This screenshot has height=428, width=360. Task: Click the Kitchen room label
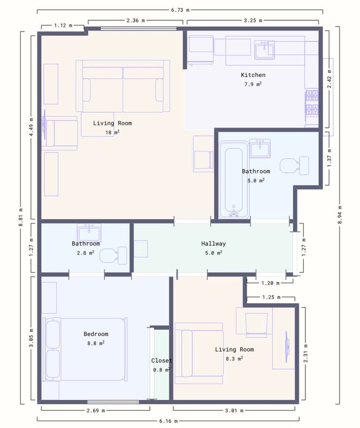(x=253, y=75)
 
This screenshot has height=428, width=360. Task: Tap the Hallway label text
(x=213, y=243)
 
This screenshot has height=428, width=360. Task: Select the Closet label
(x=162, y=361)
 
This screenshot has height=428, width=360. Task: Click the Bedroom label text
(x=96, y=334)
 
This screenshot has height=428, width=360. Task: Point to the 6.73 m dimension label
(x=180, y=10)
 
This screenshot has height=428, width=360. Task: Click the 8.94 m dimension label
(x=340, y=215)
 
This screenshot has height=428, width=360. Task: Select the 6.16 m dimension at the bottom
(x=168, y=421)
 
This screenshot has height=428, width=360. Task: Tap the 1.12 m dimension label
(x=63, y=25)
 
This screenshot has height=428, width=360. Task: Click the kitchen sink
(x=264, y=50)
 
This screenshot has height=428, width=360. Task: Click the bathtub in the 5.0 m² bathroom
(x=234, y=180)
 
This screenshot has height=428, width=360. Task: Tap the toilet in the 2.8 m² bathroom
(x=113, y=256)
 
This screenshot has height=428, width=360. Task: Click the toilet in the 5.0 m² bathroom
(x=294, y=165)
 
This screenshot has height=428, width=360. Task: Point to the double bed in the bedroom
(x=85, y=349)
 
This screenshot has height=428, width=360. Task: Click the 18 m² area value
(x=112, y=132)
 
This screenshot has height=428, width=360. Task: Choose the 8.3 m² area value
(x=234, y=358)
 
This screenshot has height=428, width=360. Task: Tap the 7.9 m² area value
(x=253, y=84)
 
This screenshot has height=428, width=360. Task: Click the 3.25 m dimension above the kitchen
(x=253, y=20)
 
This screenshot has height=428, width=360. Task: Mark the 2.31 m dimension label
(x=305, y=354)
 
